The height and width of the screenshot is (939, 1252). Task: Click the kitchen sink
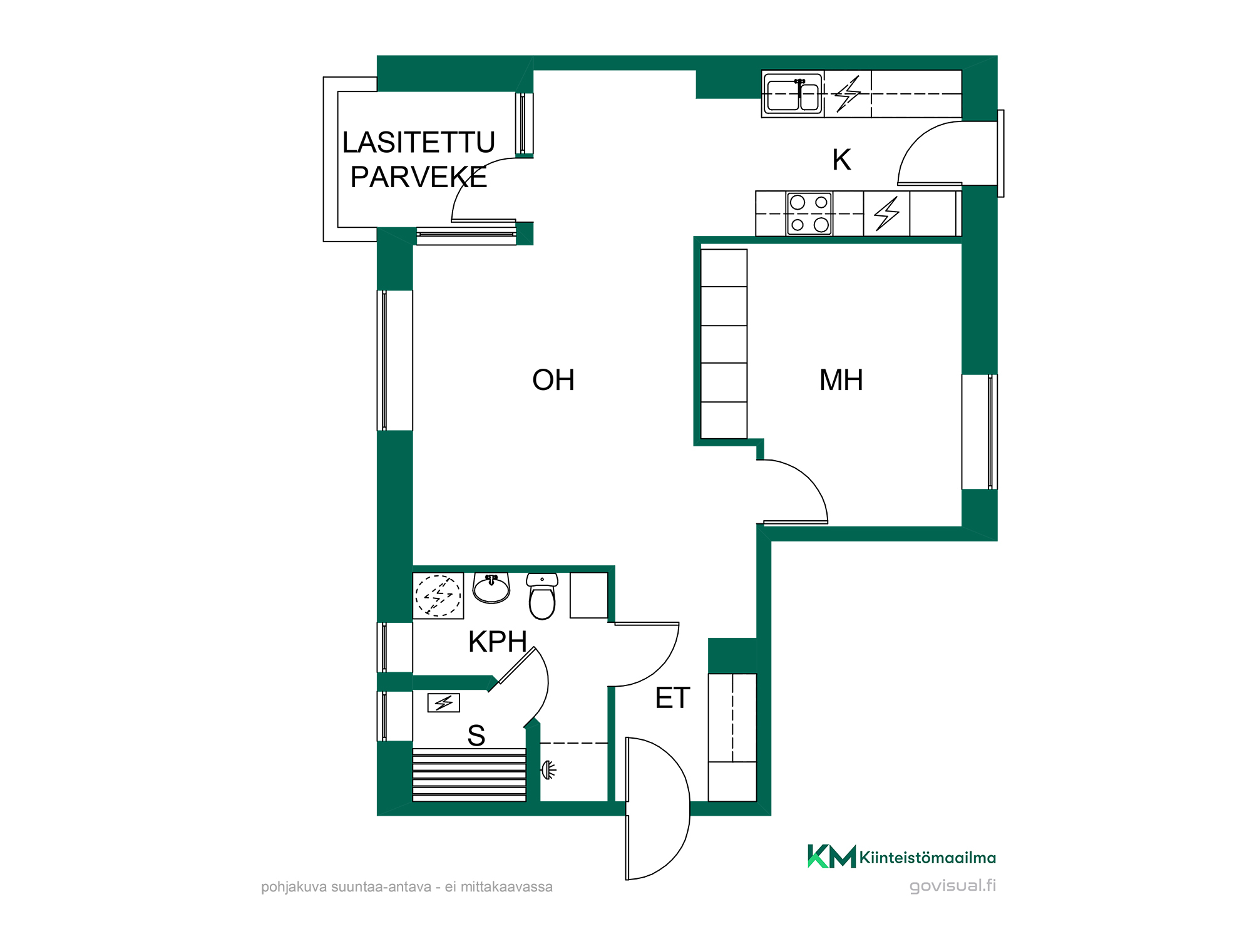pos(793,94)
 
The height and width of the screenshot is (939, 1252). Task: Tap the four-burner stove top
pos(809,213)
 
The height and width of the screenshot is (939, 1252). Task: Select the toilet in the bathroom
pos(542,597)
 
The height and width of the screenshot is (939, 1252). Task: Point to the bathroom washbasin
pos(491,588)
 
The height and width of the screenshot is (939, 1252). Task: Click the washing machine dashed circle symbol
pos(438,595)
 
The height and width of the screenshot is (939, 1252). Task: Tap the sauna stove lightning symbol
pos(444,703)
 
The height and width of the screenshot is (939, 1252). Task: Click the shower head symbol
pos(548,770)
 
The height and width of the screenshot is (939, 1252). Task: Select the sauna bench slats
pos(469,775)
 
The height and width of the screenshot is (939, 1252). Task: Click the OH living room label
pos(553,380)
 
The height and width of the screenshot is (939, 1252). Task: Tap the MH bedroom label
pos(841,380)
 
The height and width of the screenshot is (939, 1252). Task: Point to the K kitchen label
pos(842,160)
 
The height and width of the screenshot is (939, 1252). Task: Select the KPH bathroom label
pos(498,642)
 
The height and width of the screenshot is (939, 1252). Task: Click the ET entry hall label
pos(673,698)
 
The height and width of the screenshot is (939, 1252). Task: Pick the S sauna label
pos(476,736)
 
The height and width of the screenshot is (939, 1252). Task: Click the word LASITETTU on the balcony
pos(419,143)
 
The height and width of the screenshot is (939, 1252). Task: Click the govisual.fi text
pos(953,886)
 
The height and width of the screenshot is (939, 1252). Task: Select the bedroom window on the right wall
pos(980,432)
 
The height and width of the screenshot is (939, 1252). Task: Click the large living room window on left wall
pos(394,361)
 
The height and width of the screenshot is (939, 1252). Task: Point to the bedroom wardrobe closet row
pos(724,344)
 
